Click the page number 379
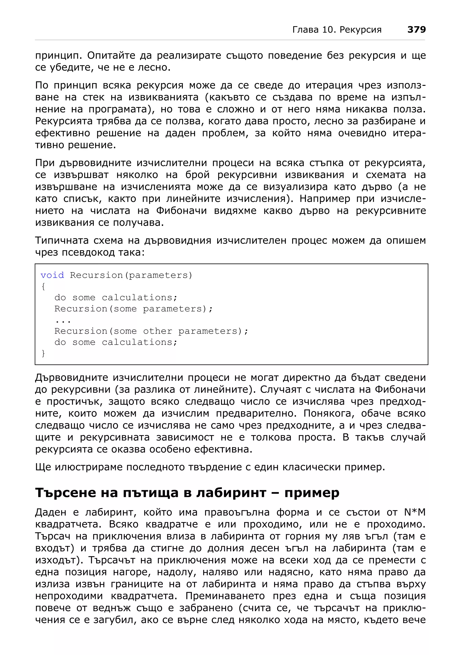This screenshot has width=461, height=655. pyautogui.click(x=416, y=29)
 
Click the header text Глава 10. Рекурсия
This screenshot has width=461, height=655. pyautogui.click(x=337, y=30)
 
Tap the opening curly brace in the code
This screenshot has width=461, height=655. pyautogui.click(x=43, y=286)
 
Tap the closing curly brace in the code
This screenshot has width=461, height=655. pyautogui.click(x=43, y=353)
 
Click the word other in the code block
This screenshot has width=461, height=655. pyautogui.click(x=158, y=331)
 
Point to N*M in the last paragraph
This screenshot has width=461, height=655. pyautogui.click(x=415, y=512)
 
